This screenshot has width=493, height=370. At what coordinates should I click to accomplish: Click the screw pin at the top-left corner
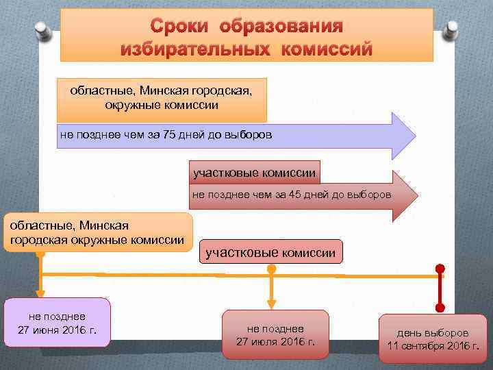(x=42, y=31)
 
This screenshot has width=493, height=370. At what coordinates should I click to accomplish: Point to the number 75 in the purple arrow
(x=170, y=135)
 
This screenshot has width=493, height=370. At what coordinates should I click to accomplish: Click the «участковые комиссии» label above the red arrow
(x=254, y=173)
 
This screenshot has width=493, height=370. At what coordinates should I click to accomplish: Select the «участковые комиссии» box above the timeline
(x=270, y=253)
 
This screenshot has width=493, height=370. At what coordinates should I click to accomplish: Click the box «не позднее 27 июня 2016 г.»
(x=58, y=323)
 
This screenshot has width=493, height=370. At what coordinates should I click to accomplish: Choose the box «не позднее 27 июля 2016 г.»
(x=276, y=334)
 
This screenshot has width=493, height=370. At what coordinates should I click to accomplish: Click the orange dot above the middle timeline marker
(x=272, y=269)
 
